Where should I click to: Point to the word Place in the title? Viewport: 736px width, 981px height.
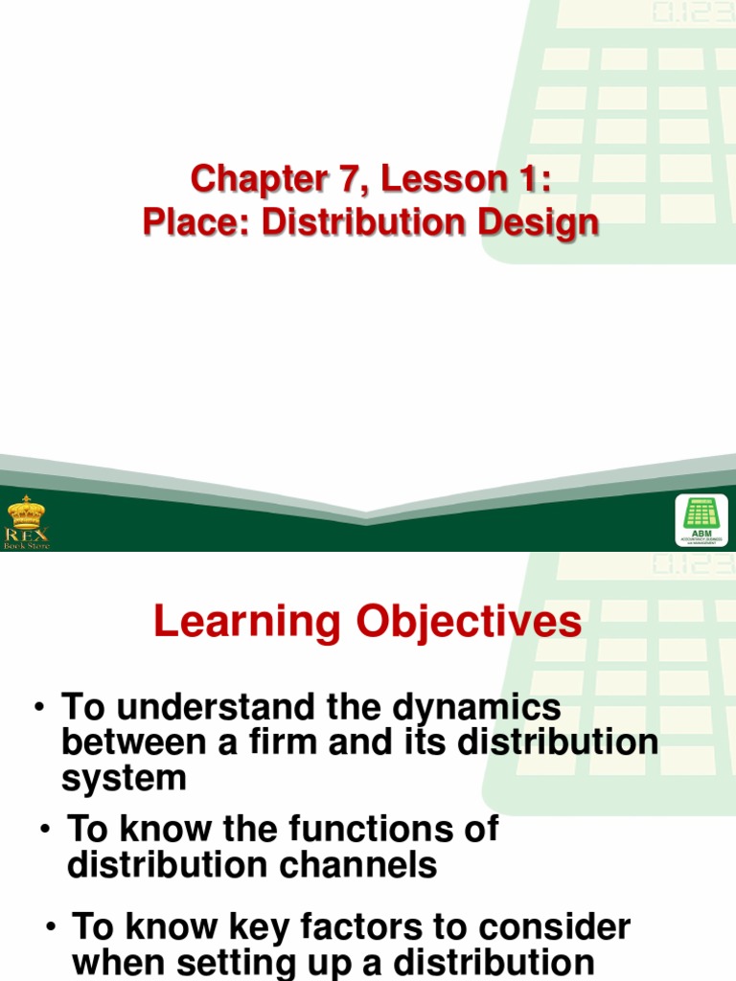pyautogui.click(x=195, y=222)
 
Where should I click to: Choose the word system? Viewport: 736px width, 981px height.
pyautogui.click(x=124, y=778)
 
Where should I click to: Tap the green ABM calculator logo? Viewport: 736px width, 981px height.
pyautogui.click(x=701, y=520)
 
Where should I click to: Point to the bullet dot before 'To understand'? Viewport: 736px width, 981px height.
pyautogui.click(x=40, y=709)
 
